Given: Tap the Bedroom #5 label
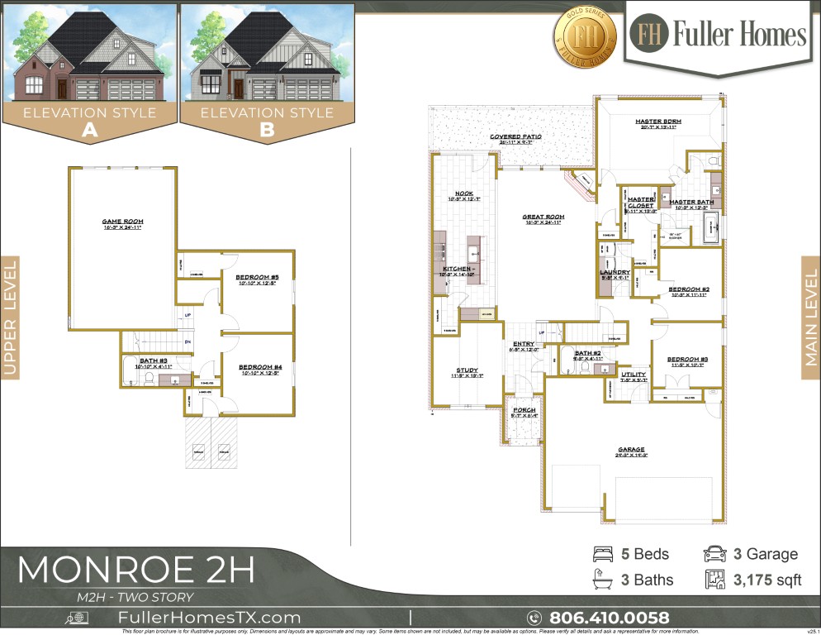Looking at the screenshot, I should pos(258,277).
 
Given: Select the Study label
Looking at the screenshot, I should pos(467,370).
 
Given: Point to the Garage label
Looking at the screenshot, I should pos(631,451).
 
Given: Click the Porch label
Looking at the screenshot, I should pos(524,410).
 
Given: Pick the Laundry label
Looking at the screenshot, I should pos(615,273).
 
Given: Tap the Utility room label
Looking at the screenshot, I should pos(634,375).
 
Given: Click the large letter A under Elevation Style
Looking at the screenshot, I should pos(88,130).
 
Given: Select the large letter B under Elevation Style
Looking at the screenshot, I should pos(267,130).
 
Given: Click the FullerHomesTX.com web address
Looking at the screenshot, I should pos(210,618).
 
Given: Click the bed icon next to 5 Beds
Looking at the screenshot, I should pos(603,554).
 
